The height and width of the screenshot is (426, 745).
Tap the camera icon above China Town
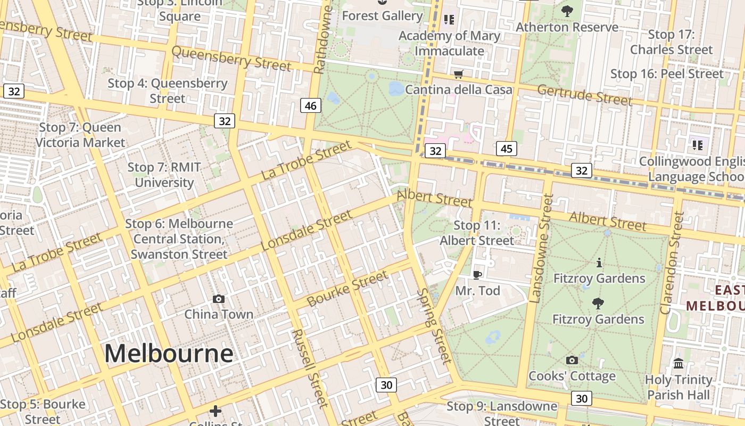218,299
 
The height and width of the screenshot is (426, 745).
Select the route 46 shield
310,105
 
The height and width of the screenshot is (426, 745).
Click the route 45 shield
506,149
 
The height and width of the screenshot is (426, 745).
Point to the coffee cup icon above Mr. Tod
477,275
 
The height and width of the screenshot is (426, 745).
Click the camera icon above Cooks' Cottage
572,361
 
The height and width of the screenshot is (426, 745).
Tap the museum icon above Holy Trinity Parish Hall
678,364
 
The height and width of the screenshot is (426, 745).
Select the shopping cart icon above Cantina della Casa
458,74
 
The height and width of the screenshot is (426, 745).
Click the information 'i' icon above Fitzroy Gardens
599,263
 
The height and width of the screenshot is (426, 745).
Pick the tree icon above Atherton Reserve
567,10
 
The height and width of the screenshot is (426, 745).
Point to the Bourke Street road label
347,289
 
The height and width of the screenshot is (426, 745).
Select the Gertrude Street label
584,95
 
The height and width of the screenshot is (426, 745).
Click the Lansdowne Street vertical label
545,247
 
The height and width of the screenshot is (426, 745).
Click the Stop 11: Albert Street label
477,233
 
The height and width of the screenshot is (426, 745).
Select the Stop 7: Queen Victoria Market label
80,135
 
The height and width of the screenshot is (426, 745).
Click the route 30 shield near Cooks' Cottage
582,398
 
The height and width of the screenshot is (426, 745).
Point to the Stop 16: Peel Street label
667,74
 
